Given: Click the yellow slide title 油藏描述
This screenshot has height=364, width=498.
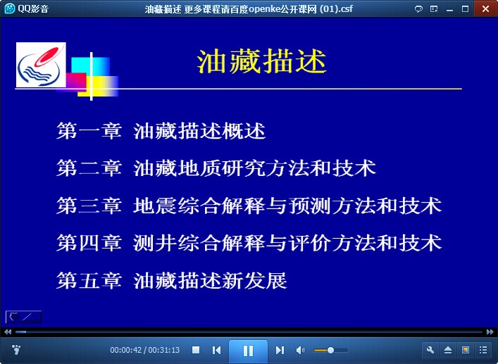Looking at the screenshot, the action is [262, 61].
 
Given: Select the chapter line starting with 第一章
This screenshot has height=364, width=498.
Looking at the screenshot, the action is [161, 130].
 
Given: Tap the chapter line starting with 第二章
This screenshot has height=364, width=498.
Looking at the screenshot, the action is [216, 168].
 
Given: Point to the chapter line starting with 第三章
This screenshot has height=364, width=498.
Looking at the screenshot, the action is [249, 206].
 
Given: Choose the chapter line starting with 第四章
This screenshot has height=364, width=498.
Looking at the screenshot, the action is [249, 243].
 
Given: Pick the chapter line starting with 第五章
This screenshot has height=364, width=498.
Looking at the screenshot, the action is [172, 280].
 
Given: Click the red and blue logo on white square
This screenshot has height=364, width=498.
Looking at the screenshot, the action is [41, 65].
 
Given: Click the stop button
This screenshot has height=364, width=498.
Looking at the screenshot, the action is [196, 350].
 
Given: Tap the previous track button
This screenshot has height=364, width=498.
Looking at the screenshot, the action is [217, 350].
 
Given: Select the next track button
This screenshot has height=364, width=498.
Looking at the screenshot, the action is [280, 350].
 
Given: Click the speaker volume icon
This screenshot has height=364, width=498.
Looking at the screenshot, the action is [300, 350].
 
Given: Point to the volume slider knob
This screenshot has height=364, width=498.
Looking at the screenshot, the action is [330, 350].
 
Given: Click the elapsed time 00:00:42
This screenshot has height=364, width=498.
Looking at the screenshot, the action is [126, 350].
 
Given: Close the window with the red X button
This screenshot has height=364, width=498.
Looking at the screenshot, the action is [485, 8].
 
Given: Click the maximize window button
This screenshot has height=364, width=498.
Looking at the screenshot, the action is [466, 9].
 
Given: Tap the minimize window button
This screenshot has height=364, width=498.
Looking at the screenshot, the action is [449, 10].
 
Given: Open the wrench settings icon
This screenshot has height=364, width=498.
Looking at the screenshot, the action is [430, 350].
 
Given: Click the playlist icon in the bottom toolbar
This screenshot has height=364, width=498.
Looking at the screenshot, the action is [483, 350].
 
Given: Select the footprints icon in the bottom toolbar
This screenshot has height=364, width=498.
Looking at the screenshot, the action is [16, 350].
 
